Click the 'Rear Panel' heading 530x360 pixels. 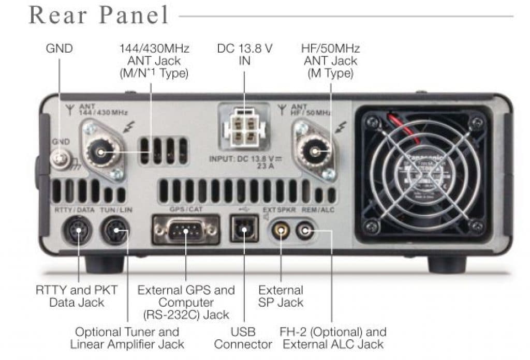99,15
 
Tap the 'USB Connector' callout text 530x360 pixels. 243,338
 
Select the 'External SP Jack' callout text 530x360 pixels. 281,296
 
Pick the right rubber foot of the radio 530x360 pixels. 447,264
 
